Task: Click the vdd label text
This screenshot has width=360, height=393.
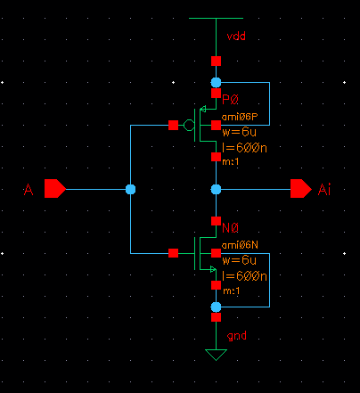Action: [x=236, y=37]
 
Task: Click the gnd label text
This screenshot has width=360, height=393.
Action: [x=236, y=336]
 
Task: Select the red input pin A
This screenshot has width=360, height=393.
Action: [x=55, y=188]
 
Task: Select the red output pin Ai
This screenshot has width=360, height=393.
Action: [x=301, y=188]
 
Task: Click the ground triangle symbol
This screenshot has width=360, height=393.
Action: [x=216, y=355]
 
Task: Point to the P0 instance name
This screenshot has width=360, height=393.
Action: [x=230, y=100]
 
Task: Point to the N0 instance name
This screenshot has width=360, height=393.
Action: [x=230, y=228]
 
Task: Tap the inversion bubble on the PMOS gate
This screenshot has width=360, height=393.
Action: [x=189, y=125]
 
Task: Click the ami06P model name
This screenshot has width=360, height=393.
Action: [x=240, y=117]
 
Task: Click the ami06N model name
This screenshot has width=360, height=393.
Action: [x=240, y=245]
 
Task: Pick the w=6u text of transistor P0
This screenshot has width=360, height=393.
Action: [x=239, y=132]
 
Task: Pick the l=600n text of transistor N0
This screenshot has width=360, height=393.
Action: [x=244, y=276]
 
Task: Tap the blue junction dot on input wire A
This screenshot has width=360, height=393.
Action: [x=130, y=189]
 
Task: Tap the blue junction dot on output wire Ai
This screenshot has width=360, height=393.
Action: [x=216, y=189]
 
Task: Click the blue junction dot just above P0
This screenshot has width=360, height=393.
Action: [x=216, y=82]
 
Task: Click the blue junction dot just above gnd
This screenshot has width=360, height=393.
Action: [x=216, y=307]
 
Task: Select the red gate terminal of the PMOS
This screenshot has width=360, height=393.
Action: [x=173, y=125]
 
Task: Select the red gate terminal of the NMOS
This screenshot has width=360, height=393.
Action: [x=173, y=253]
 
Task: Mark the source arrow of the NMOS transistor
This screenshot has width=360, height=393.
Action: [x=213, y=269]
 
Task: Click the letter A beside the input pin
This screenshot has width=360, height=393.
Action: [x=29, y=189]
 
